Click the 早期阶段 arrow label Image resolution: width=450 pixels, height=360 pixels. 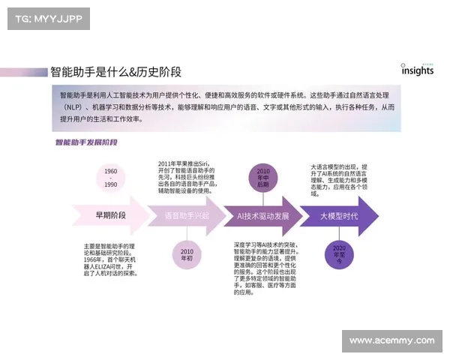click(x=110, y=216)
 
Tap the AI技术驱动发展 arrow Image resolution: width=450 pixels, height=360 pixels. click(x=262, y=216)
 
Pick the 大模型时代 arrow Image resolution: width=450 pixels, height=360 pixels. click(x=338, y=216)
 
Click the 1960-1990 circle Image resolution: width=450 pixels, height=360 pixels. click(x=111, y=178)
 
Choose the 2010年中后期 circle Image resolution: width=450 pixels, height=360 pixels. click(x=262, y=178)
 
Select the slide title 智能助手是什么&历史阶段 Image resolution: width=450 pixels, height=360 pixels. click(x=115, y=72)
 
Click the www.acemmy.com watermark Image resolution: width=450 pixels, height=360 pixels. click(x=392, y=340)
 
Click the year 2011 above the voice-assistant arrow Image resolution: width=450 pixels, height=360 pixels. click(x=166, y=163)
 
